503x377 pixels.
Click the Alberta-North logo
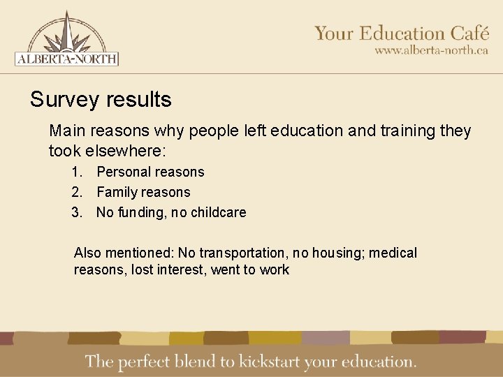[66, 38]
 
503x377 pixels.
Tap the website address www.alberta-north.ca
[431, 50]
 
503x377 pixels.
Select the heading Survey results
[101, 100]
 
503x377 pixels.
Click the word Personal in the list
[122, 172]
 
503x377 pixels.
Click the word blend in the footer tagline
[201, 362]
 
